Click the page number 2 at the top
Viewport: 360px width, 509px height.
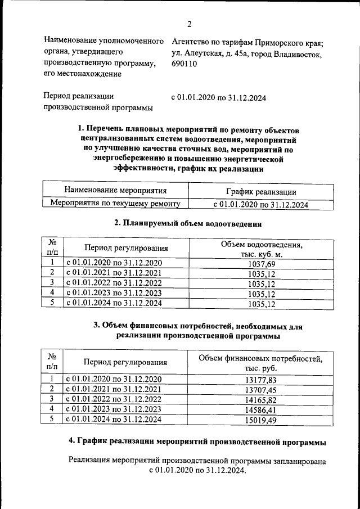click(189, 24)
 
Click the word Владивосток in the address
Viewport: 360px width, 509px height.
click(295, 54)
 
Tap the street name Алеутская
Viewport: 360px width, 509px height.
click(205, 54)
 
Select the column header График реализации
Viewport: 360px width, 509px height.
click(260, 192)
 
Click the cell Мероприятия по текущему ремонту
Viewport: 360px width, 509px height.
click(115, 204)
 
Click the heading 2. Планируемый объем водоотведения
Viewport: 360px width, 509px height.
click(188, 223)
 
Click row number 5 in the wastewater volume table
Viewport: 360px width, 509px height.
click(52, 303)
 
